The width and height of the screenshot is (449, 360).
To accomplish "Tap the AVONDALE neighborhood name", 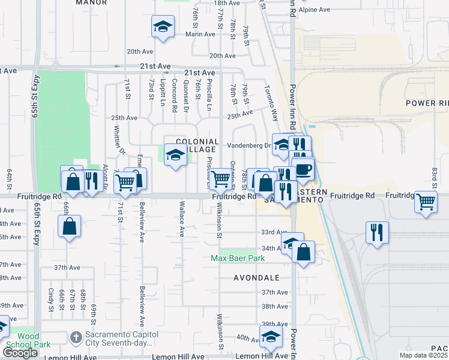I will tap(257, 278).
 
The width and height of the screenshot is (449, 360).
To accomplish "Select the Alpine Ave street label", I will tap(315, 10).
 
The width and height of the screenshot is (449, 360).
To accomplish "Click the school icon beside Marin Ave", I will tap(162, 27).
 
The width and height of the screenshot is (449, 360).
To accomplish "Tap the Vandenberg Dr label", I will tap(249, 146).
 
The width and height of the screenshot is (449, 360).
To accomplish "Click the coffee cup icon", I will tap(303, 169).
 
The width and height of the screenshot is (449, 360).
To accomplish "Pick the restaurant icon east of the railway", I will tap(377, 232).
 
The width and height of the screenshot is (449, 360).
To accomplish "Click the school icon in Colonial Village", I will tap(175, 155).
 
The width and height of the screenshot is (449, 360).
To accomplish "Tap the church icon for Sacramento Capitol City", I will tap(76, 337).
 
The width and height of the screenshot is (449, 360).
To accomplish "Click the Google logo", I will tap(20, 353).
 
